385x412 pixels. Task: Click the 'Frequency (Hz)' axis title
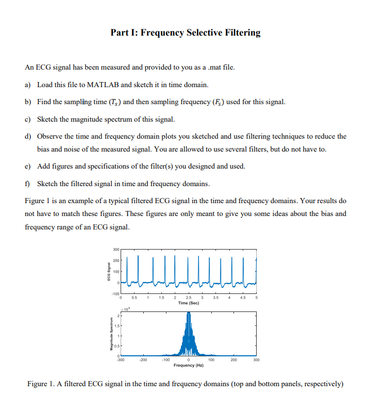pyautogui.click(x=189, y=365)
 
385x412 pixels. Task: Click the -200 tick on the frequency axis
pyautogui.click(x=143, y=360)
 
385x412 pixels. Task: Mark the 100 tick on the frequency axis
pyautogui.click(x=211, y=360)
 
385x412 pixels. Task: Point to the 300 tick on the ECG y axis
pyautogui.click(x=116, y=250)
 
